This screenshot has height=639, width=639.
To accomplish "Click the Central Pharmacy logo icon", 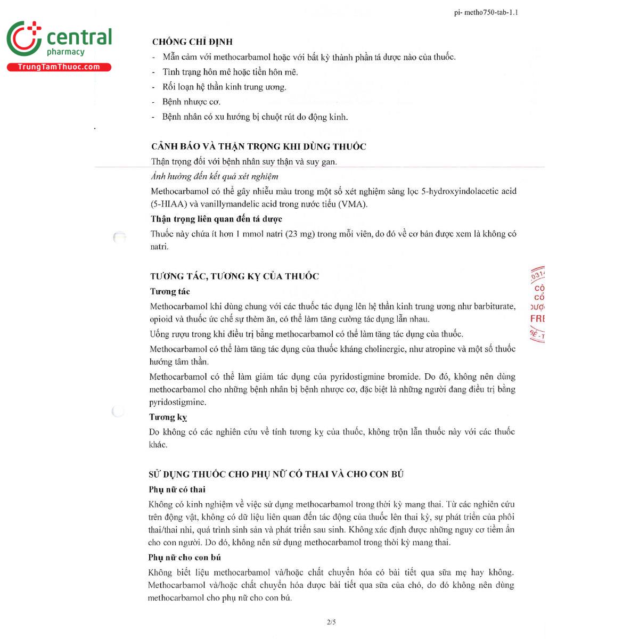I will tap(24, 39).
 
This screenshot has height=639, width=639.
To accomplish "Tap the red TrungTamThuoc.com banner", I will tap(59, 67).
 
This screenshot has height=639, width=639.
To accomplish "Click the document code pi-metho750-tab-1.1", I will tap(486, 12).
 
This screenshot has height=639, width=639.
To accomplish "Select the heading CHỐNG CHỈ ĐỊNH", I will tap(192, 42).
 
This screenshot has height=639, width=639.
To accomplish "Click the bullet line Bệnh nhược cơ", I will tap(191, 102).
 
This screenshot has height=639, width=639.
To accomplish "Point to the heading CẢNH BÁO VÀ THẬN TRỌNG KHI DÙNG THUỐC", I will tap(259, 146).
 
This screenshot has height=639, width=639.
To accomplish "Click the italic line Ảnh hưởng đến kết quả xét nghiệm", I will tap(215, 176).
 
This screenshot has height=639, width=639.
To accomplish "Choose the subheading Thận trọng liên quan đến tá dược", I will tap(216, 219).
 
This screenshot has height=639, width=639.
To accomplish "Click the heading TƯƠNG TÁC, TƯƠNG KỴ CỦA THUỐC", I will tap(234, 276).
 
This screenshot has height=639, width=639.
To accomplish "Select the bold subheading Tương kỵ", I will tap(168, 417).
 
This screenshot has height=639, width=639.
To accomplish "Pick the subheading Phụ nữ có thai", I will tap(177, 489).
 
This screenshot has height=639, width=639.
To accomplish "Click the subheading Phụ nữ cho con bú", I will tap(184, 558).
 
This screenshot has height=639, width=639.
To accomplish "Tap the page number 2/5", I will tap(331, 622).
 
